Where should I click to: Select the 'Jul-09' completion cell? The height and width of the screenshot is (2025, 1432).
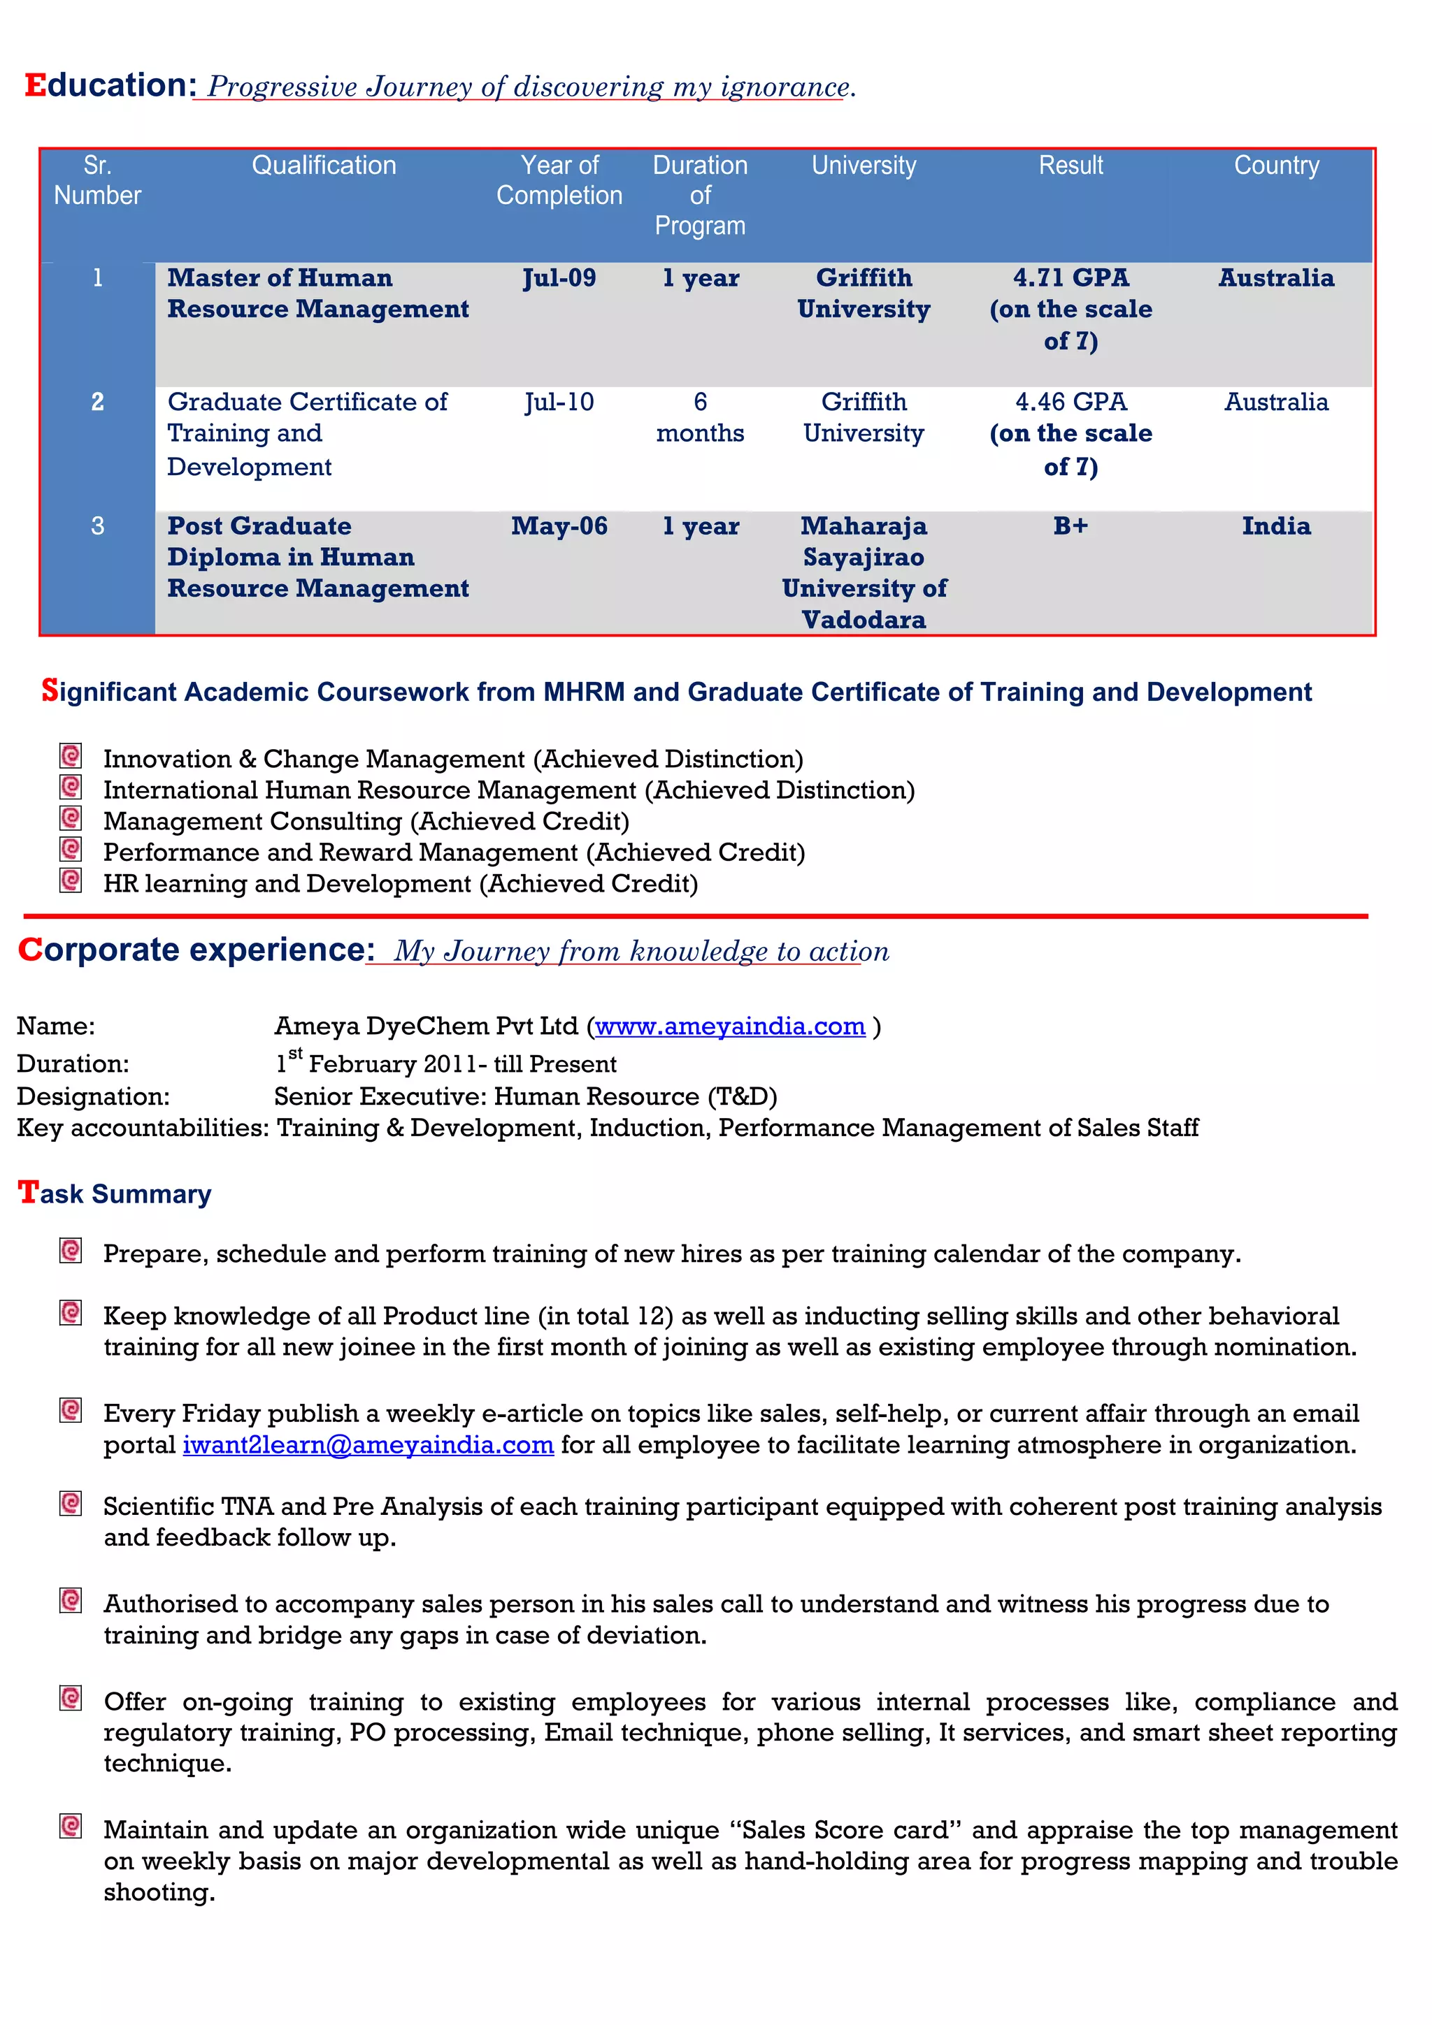pyautogui.click(x=559, y=278)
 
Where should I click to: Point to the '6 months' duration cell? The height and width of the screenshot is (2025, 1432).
pyautogui.click(x=700, y=417)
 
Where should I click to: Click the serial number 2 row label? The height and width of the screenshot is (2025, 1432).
pyautogui.click(x=97, y=402)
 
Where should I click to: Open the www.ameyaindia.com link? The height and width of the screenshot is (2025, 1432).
pyautogui.click(x=730, y=1026)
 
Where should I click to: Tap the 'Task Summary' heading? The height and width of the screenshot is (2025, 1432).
pyautogui.click(x=115, y=1193)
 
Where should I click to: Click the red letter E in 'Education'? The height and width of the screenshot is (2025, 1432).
pyautogui.click(x=34, y=85)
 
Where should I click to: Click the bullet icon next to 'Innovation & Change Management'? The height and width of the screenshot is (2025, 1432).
pyautogui.click(x=71, y=756)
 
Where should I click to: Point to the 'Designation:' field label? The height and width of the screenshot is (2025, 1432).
pyautogui.click(x=92, y=1096)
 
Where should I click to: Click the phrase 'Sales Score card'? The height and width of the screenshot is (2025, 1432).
pyautogui.click(x=845, y=1830)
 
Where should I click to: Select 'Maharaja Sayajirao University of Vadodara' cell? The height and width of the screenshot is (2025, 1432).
pyautogui.click(x=863, y=572)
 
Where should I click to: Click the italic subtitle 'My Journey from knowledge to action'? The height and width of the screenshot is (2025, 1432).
pyautogui.click(x=641, y=951)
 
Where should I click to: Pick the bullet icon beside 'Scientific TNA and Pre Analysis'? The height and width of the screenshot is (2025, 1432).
pyautogui.click(x=71, y=1503)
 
